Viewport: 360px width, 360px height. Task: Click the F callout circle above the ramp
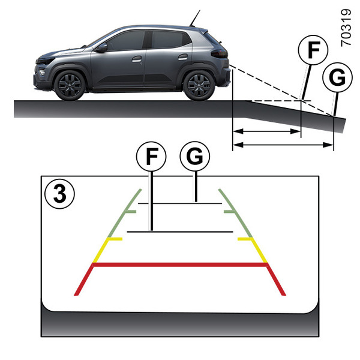coord(313,50)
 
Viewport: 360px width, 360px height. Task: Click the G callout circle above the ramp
coord(337,77)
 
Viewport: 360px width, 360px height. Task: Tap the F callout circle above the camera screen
coord(151,157)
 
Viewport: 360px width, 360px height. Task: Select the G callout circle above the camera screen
coord(195,157)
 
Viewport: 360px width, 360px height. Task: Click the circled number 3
coord(59,194)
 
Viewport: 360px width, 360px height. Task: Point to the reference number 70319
coord(346,28)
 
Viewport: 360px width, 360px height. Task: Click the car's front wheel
coord(70,85)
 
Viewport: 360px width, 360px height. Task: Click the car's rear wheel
coord(199,85)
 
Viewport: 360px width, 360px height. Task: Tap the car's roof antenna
coord(194,19)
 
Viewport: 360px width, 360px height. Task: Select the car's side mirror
coord(102,47)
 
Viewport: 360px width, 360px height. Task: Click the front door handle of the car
coord(137,59)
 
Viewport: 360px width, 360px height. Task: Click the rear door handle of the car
coord(183,57)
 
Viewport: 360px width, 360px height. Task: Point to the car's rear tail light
coord(219,53)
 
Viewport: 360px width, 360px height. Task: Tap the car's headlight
coord(45,61)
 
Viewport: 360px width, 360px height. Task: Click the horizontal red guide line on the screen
coord(180,265)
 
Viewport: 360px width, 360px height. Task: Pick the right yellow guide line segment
coord(253,250)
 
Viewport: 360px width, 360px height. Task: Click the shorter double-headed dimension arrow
coord(267,131)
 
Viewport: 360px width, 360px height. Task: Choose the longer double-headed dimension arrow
coord(283,145)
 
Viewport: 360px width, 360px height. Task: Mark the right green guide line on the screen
coord(235,213)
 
